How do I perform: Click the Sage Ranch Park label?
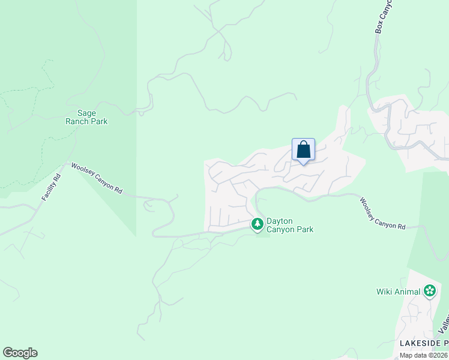click(x=86, y=116)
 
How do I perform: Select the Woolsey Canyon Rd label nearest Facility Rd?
click(x=97, y=178)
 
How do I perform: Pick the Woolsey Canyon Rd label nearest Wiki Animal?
click(x=383, y=213)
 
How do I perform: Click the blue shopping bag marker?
click(x=303, y=150)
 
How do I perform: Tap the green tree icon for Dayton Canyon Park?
click(x=258, y=224)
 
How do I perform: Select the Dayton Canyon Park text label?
click(x=289, y=225)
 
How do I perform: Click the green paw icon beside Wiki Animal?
click(x=429, y=292)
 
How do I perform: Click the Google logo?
click(x=20, y=353)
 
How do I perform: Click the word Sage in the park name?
click(x=87, y=112)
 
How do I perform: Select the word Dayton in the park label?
click(x=279, y=221)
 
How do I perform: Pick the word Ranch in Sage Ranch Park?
click(x=77, y=121)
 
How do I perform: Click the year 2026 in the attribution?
click(x=439, y=355)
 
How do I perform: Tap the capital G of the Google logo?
click(x=8, y=353)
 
